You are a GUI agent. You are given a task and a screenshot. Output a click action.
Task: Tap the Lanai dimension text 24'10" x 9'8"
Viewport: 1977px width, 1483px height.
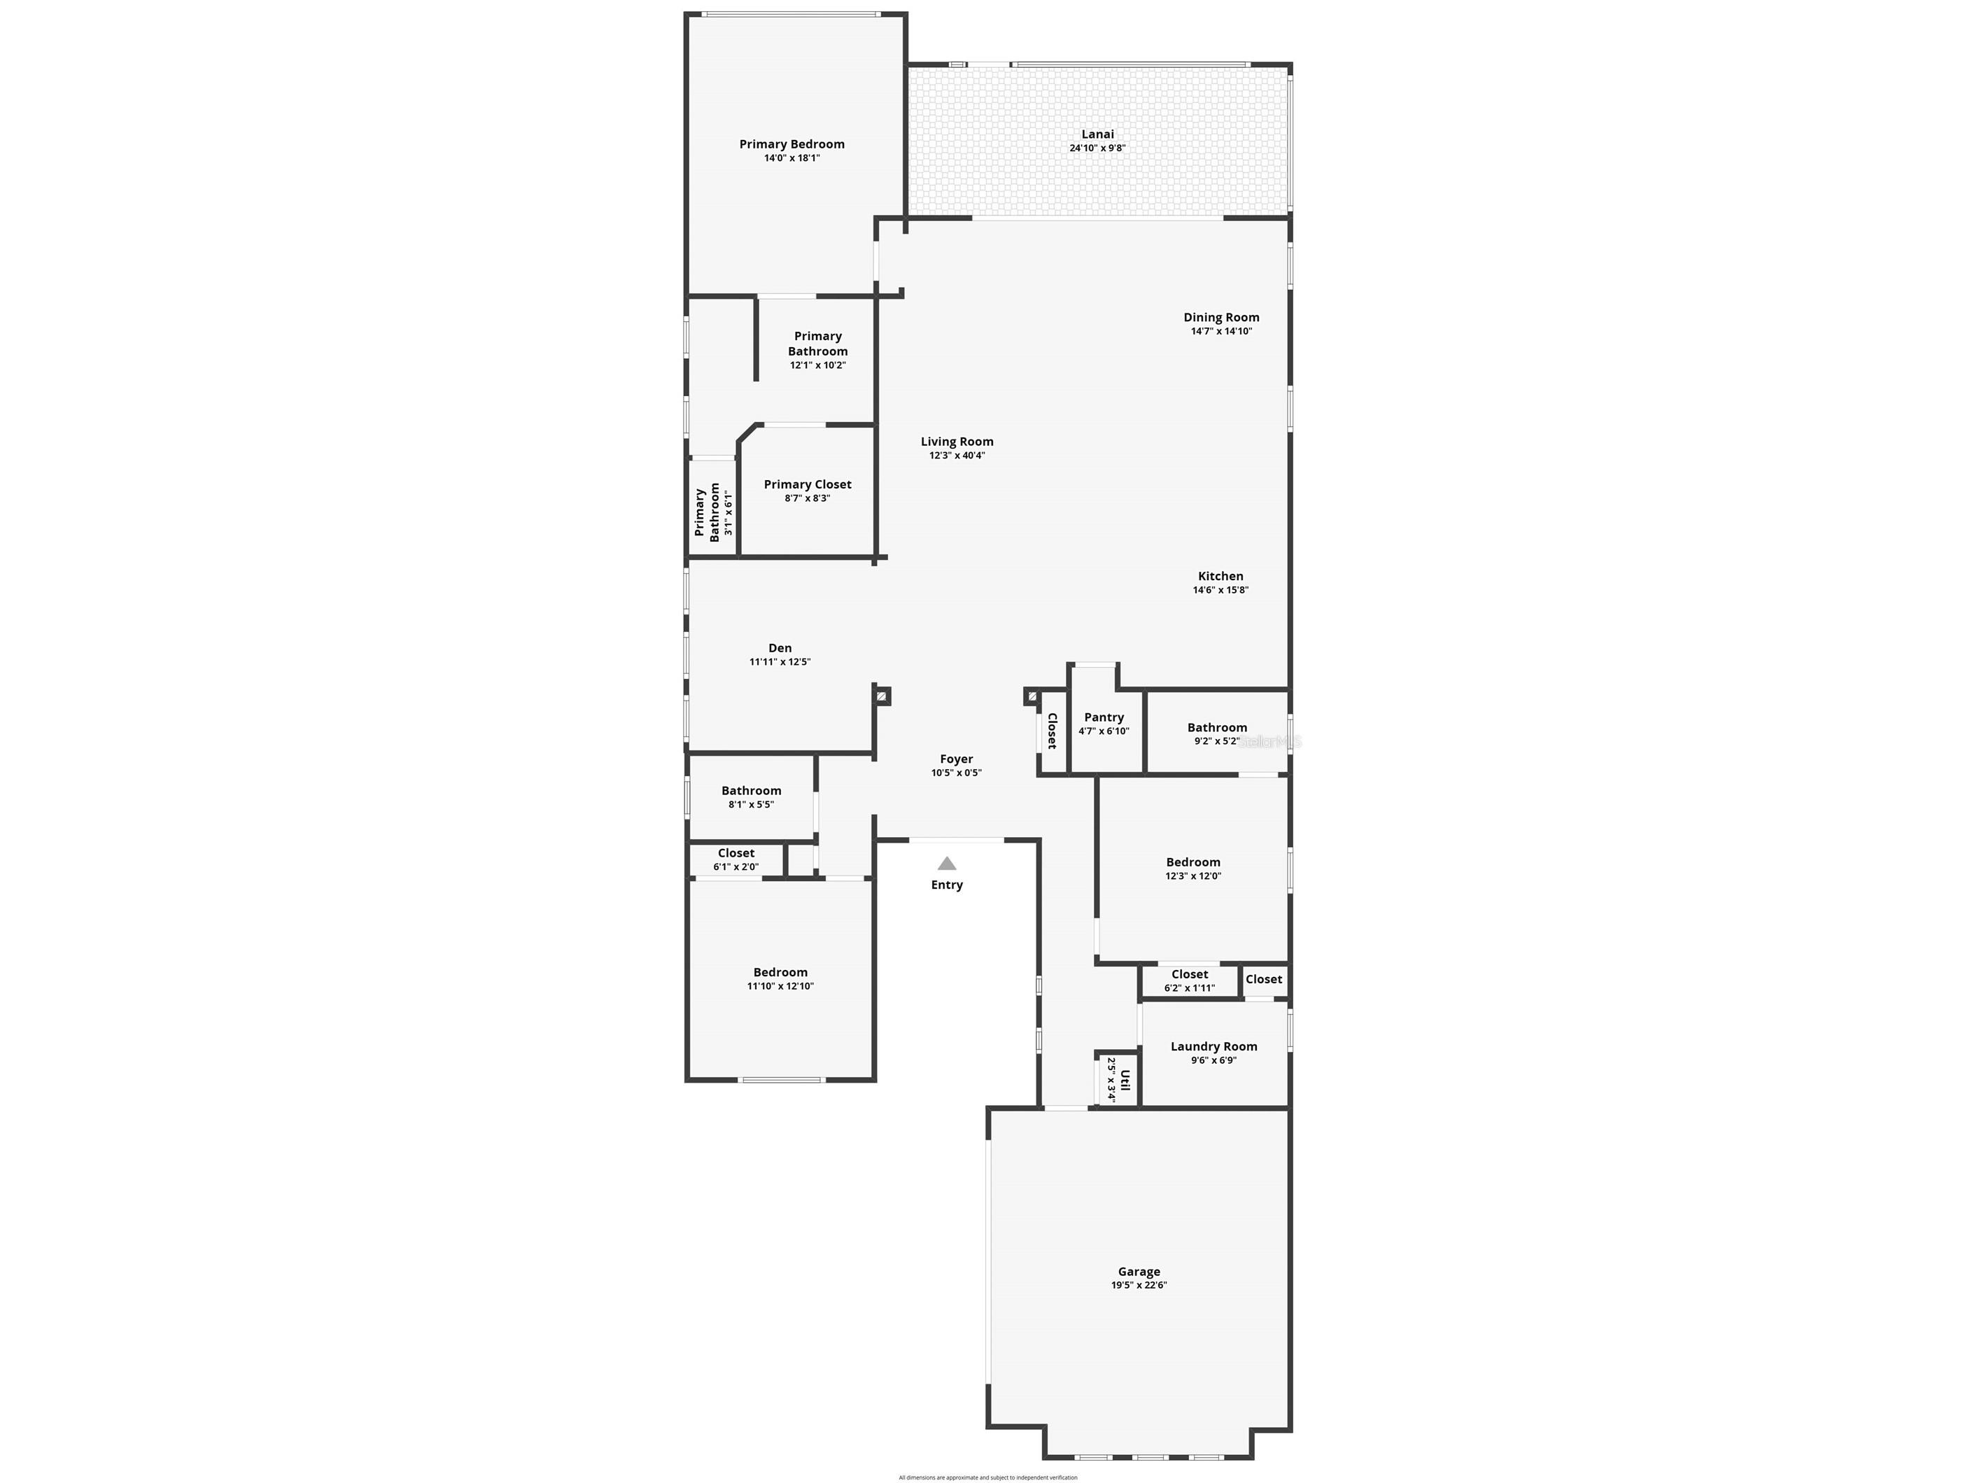click(x=1097, y=148)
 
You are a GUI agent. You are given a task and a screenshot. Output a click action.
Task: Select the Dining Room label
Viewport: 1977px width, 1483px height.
click(x=1221, y=317)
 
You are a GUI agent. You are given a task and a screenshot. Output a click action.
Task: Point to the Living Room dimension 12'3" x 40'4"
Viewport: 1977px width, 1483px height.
click(x=957, y=456)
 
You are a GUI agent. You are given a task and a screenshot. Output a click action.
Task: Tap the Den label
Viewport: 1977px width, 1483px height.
click(x=780, y=648)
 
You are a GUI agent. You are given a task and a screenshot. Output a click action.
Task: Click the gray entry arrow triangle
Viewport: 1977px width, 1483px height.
click(x=946, y=864)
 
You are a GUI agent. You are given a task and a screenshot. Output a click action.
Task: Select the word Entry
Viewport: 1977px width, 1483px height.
click(x=946, y=885)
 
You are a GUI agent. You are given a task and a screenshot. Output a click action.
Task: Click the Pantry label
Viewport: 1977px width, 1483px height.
click(x=1104, y=717)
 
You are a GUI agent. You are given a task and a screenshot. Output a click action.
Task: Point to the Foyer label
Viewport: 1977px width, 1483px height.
click(x=957, y=759)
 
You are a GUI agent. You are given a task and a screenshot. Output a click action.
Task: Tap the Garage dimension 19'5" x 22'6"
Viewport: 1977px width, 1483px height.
click(x=1139, y=1286)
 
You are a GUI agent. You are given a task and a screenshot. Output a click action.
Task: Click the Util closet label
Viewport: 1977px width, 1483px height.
click(x=1125, y=1080)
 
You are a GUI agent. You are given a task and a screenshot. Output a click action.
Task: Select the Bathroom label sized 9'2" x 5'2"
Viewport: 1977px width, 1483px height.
click(x=1216, y=728)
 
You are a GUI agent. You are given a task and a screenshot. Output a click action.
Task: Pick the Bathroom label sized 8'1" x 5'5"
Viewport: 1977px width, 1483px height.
click(x=751, y=790)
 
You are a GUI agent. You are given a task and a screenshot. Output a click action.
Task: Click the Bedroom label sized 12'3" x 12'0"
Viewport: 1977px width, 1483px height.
click(x=1192, y=863)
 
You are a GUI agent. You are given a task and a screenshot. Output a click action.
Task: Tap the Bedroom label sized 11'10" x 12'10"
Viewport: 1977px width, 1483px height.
click(x=780, y=973)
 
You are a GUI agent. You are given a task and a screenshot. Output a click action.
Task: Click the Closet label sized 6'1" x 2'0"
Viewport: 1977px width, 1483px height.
click(x=736, y=854)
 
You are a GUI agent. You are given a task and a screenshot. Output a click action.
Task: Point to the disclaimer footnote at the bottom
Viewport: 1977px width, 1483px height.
click(x=987, y=1477)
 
